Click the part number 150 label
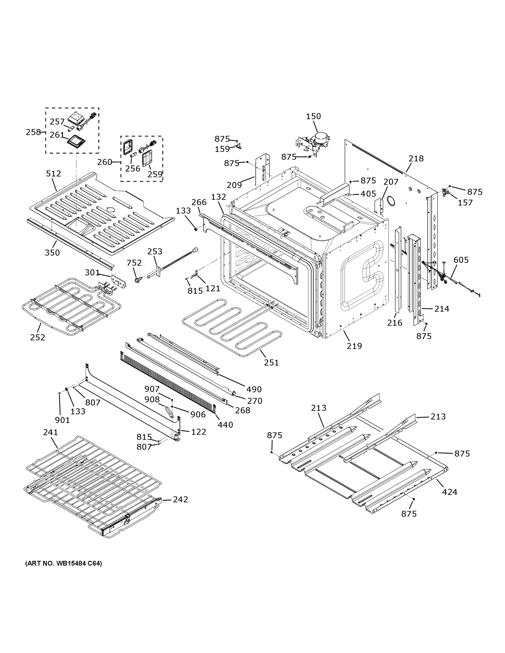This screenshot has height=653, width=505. tap(313, 116)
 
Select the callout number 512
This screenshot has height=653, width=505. tap(53, 173)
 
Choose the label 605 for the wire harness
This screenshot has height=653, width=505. tap(461, 260)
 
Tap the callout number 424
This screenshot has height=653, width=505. tap(449, 492)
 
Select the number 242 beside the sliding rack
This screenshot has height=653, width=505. tap(180, 499)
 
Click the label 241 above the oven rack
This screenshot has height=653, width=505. tap(51, 432)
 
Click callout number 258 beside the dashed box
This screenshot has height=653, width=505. tap(33, 132)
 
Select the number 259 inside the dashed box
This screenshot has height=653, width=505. tap(155, 174)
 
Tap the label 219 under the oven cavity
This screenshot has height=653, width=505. tap(354, 346)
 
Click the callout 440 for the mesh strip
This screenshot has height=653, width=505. tap(225, 424)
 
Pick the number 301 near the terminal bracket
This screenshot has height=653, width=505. tap(92, 272)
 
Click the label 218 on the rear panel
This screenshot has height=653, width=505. tap(416, 158)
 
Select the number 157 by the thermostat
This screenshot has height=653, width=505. tap(465, 203)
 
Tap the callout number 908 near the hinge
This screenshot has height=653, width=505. tap(152, 399)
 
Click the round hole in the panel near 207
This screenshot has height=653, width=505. tap(390, 201)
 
